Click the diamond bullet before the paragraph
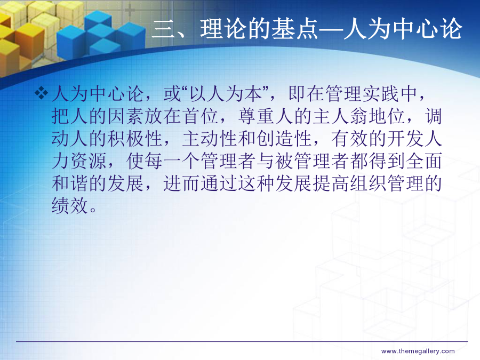point(41,93)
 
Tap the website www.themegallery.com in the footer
point(418,351)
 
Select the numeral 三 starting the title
point(164,29)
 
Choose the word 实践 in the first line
point(381,94)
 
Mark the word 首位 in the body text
point(201,116)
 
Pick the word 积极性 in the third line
point(135,139)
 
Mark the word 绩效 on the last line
point(70,205)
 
